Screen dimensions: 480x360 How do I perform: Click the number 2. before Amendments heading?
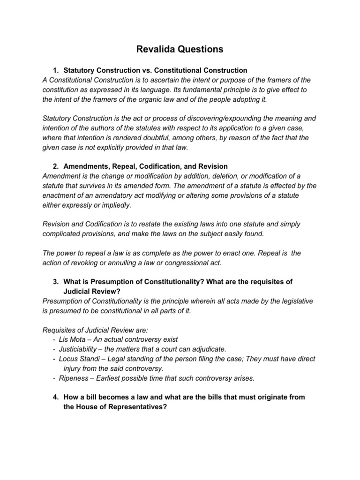56,166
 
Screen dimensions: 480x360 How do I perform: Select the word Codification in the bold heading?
162,166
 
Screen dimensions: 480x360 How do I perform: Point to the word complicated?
63,233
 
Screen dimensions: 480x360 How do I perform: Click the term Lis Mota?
73,339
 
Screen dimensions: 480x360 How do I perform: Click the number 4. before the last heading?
56,397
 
